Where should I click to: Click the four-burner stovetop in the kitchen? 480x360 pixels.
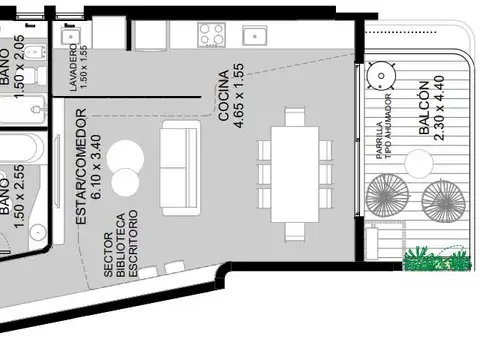point(211,35)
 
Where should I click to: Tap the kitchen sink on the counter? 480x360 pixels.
point(255,36)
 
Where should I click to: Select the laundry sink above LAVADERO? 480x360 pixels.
point(70,36)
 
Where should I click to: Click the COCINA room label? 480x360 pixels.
point(224,95)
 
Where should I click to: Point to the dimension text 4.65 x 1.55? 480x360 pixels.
point(239,96)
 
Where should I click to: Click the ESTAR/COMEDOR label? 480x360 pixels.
point(81,166)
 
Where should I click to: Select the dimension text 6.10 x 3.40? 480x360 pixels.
point(96,167)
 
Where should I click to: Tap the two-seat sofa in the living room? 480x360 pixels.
point(180,168)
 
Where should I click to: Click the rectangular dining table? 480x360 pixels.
point(295,174)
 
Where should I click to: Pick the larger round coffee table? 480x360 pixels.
point(125,157)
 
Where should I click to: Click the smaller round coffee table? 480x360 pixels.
point(125,182)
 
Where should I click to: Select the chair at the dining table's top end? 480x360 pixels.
point(295,116)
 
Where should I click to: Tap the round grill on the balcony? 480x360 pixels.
point(381,76)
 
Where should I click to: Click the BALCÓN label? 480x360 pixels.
point(424,108)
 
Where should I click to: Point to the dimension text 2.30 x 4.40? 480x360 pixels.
point(439,108)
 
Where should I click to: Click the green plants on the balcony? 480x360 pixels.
point(437,259)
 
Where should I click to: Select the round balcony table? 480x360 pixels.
point(419,164)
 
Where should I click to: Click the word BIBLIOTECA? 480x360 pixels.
point(121,245)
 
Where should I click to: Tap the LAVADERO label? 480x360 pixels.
point(73,68)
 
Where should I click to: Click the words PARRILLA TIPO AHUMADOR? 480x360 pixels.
point(383,127)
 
